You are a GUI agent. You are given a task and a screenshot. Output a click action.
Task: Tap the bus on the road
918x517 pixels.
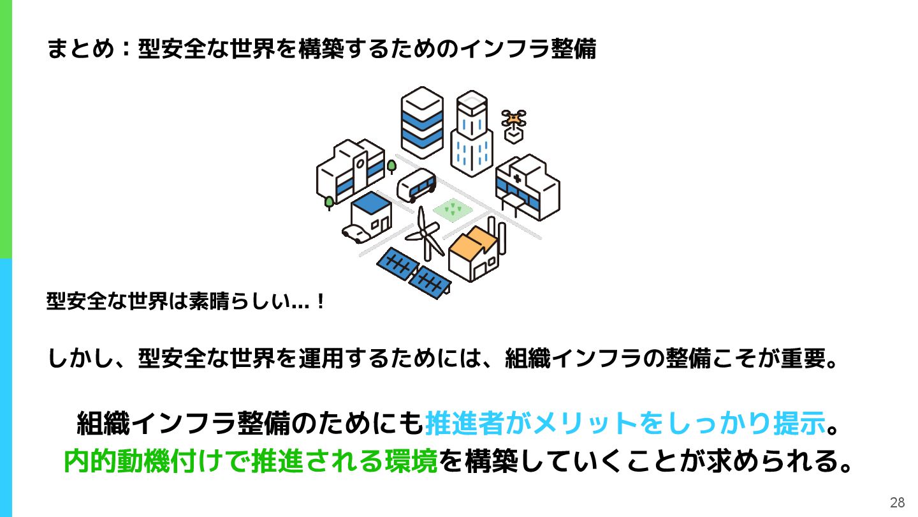click(416, 185)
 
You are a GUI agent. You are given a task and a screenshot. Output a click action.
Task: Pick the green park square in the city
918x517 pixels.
click(453, 209)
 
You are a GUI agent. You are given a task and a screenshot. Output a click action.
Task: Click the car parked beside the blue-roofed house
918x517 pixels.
click(356, 232)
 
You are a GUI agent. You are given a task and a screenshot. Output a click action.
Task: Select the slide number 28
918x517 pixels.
click(897, 502)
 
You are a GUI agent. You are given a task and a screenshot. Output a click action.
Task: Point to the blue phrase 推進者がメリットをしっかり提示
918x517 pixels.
click(625, 423)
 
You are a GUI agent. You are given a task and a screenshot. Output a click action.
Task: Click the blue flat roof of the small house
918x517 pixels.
click(371, 202)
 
